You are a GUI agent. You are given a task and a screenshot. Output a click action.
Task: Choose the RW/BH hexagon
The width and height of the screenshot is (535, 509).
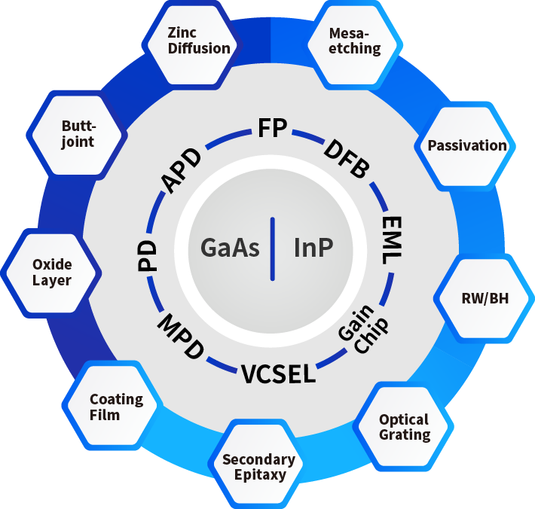coord(485,298)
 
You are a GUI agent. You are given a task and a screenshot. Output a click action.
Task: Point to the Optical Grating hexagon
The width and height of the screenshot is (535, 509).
coord(404,427)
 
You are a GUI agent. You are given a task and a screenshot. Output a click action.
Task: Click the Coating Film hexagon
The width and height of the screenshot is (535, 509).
coord(115,407)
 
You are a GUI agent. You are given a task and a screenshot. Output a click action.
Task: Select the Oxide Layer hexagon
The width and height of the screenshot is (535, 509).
coord(52,273)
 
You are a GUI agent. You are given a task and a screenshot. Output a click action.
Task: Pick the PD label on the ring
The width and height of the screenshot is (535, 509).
coord(148,256)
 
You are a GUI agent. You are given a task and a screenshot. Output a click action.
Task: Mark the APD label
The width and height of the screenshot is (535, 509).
coord(182,172)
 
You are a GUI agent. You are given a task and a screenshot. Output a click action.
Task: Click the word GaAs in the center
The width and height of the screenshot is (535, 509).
coord(231,248)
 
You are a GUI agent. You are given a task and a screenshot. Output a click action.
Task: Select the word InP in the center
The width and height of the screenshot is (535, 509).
coord(313,248)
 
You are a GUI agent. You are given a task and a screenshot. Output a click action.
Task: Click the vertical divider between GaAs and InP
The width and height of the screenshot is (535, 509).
coord(271,248)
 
